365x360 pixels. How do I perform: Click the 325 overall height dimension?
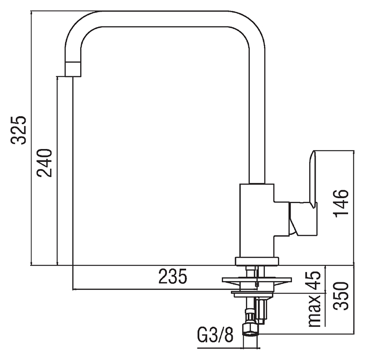click(19, 130)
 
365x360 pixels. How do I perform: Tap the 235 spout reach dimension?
click(172, 277)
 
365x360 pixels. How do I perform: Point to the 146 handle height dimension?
click(341, 203)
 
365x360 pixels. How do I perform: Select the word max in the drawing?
click(314, 311)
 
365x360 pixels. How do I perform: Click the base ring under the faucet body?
click(256, 261)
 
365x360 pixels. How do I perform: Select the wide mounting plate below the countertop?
click(256, 279)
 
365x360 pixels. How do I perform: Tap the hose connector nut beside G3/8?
click(250, 328)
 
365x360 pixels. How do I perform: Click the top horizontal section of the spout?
click(164, 18)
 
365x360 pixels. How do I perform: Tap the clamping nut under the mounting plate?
click(253, 293)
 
